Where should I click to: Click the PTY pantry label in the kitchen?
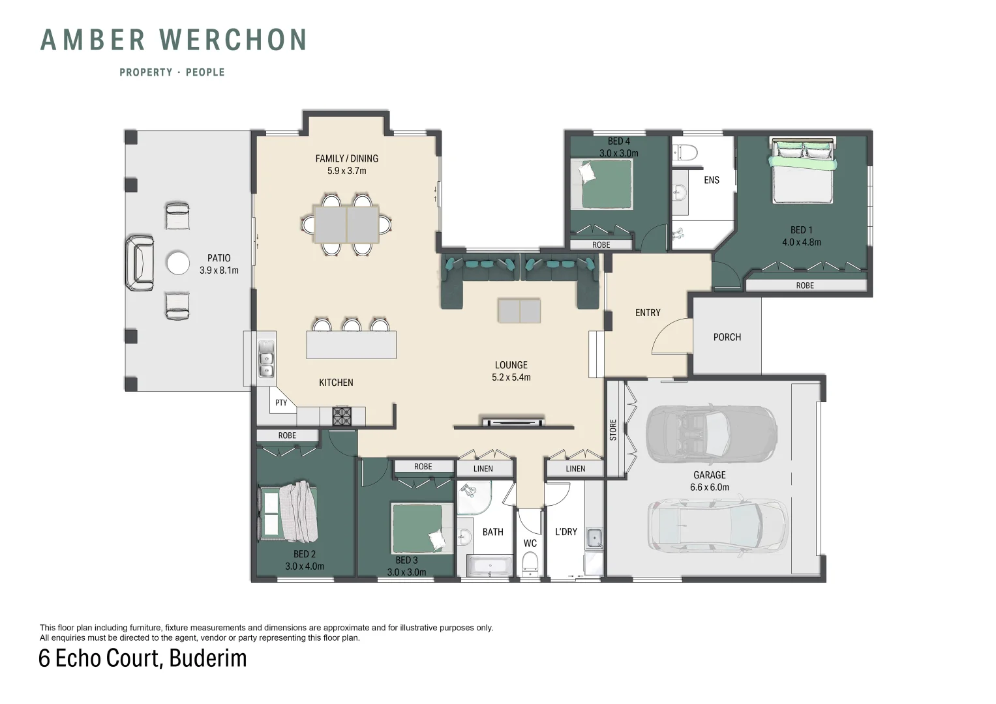(x=281, y=403)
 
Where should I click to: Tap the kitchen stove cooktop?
(x=342, y=417)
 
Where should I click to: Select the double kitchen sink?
(x=266, y=359)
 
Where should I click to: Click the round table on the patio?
(x=178, y=263)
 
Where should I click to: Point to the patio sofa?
(x=140, y=263)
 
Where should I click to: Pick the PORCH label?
(x=727, y=338)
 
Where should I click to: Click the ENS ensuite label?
(x=712, y=180)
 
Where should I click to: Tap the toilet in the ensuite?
(x=685, y=153)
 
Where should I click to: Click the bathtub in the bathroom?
(x=490, y=566)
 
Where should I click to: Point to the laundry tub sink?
(x=594, y=538)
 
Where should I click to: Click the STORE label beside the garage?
(x=613, y=430)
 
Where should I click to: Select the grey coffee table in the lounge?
(x=519, y=311)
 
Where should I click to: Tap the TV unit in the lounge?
(x=513, y=421)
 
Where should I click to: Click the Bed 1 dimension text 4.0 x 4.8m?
(x=801, y=242)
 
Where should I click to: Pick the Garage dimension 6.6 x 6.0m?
(x=709, y=487)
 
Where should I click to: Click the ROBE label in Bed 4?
(x=601, y=245)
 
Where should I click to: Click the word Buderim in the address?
(x=207, y=658)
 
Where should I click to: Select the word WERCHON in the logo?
(x=233, y=40)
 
